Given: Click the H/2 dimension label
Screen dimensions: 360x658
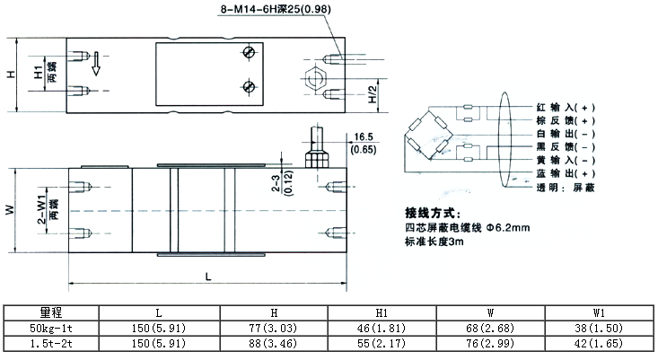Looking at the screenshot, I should (371, 92).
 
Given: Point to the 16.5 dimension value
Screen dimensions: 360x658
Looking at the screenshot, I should (364, 136).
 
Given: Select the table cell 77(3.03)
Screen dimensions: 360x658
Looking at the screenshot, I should (273, 329).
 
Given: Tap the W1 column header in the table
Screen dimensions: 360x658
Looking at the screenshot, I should (599, 312).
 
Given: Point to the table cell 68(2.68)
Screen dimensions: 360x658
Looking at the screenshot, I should (489, 329).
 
